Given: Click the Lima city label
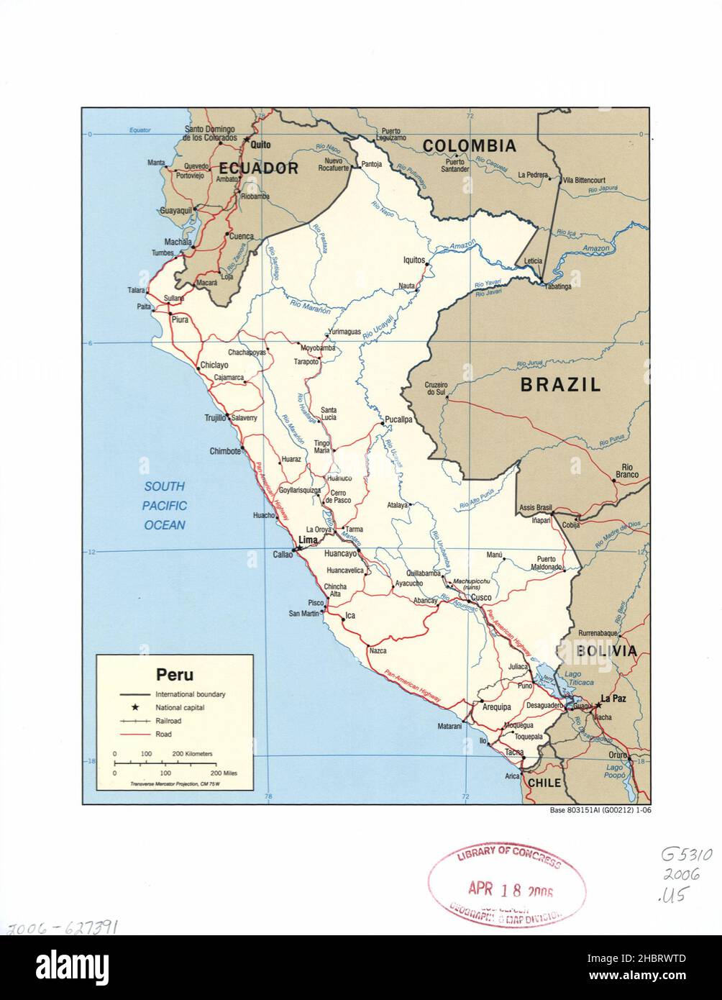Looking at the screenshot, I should tap(307, 540).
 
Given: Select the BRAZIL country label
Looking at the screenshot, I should tap(560, 384).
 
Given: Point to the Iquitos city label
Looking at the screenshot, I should tap(414, 260).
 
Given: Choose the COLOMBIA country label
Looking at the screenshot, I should tap(469, 146).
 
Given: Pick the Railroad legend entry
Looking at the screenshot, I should tap(168, 721).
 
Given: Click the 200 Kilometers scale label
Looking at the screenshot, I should tap(192, 753).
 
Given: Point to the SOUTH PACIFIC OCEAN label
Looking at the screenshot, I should tap(164, 505).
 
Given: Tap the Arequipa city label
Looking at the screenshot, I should tap(496, 706).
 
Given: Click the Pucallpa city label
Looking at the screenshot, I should tap(398, 419).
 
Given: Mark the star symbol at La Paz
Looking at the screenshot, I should tap(597, 705).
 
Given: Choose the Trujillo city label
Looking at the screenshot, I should tap(215, 417).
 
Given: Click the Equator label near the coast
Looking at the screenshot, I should tap(140, 130).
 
